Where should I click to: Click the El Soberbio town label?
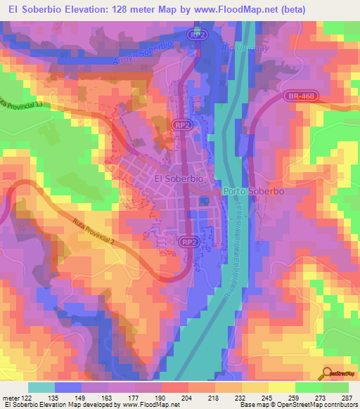coord(179,180)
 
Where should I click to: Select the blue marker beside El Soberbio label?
coord(205,201)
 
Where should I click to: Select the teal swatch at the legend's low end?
coord(41,387)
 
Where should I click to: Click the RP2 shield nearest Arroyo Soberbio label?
coord(199,34)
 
